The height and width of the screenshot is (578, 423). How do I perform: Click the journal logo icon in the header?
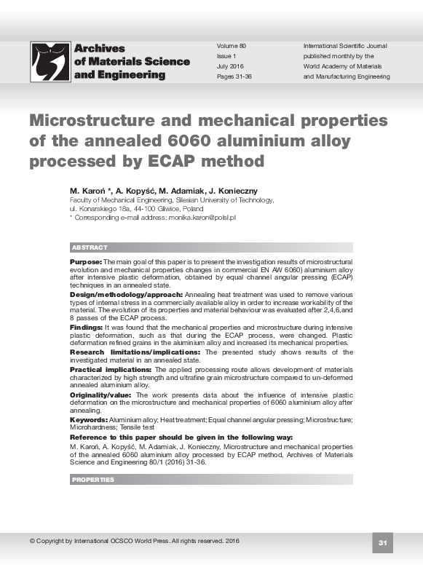click(x=50, y=61)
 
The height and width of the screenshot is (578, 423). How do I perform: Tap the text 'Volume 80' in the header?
click(x=232, y=46)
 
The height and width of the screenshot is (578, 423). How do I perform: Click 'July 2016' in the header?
click(x=231, y=66)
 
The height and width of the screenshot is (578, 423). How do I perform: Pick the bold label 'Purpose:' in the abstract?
click(x=86, y=261)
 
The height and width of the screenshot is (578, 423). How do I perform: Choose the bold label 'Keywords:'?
click(x=88, y=420)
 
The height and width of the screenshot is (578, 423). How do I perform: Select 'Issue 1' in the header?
click(x=226, y=56)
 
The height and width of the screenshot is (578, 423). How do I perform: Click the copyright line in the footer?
click(x=134, y=541)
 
